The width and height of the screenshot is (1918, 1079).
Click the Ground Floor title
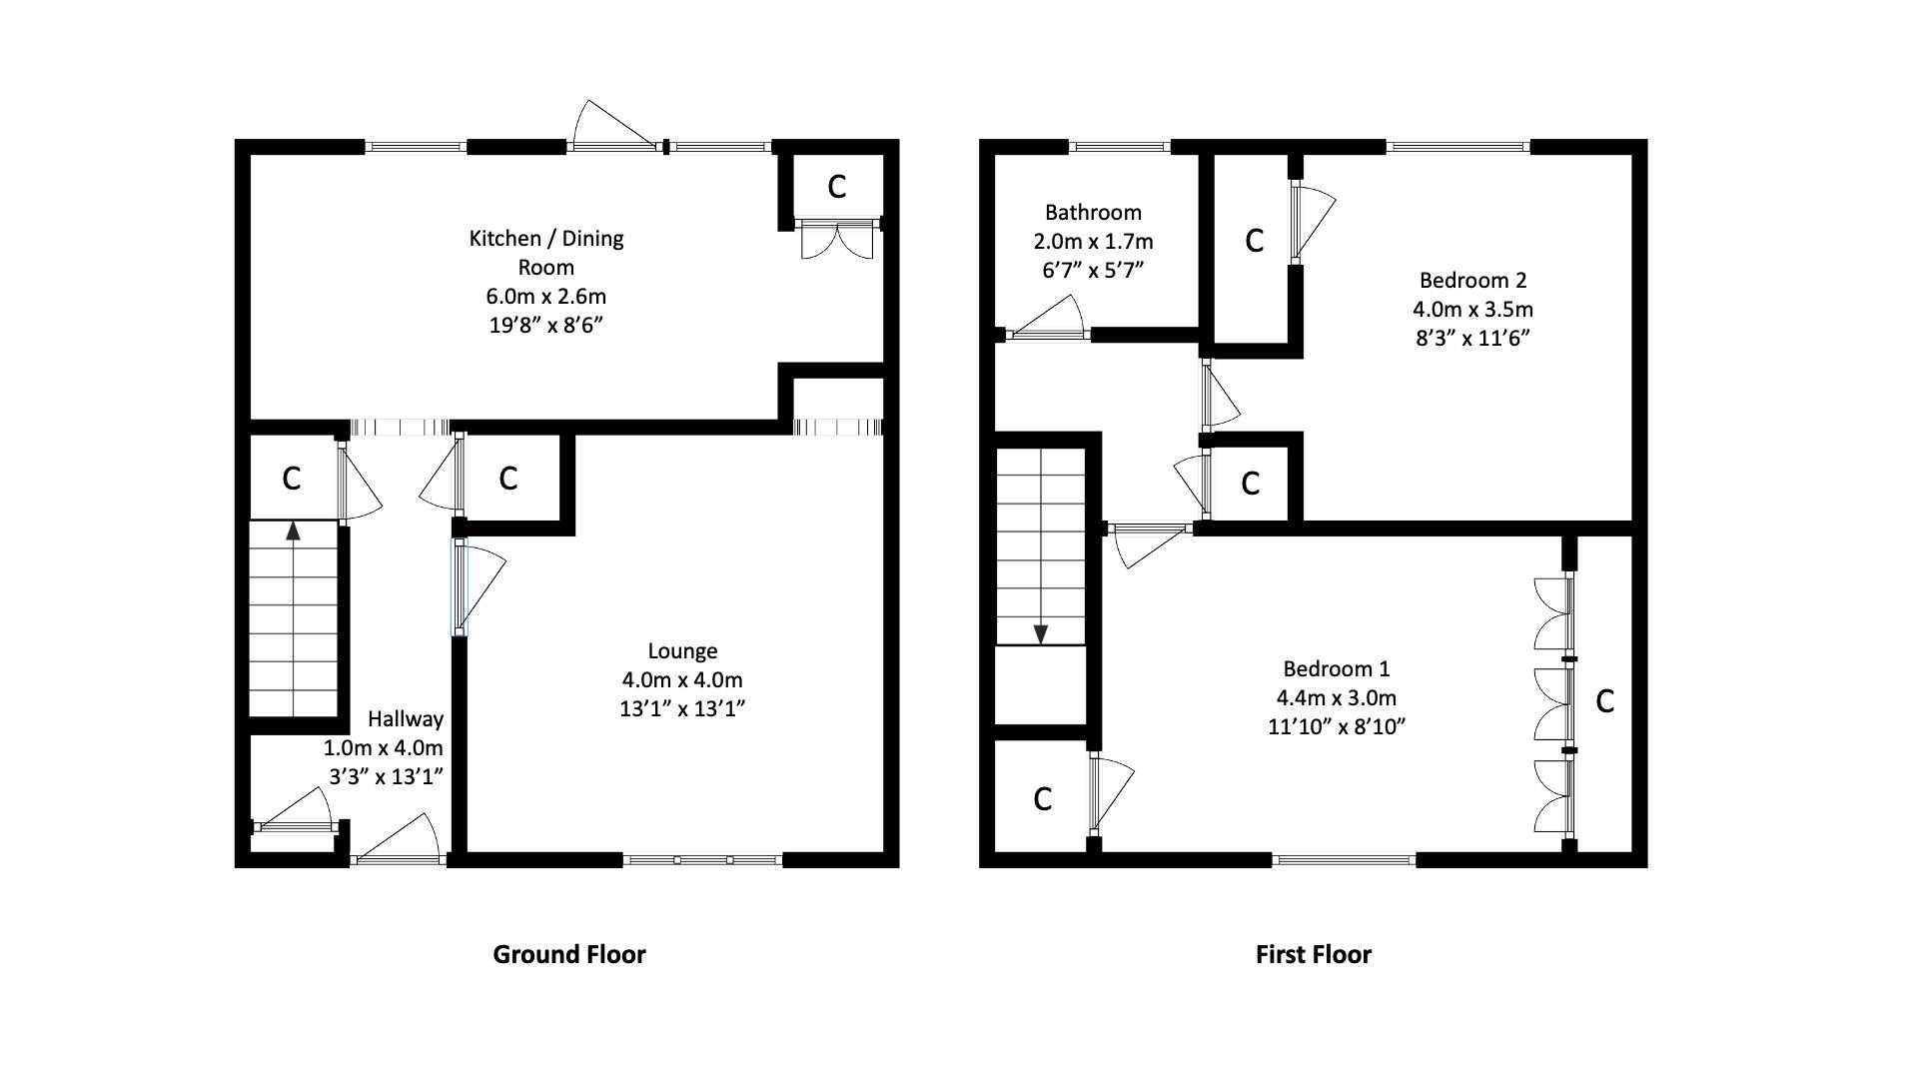pos(569,954)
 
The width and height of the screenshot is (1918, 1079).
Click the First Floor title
pos(1313,954)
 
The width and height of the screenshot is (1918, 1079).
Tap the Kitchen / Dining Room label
pos(545,252)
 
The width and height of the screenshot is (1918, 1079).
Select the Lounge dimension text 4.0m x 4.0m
pos(682,680)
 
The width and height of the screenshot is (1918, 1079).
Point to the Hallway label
pos(405,718)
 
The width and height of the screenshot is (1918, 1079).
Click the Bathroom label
pos(1093,212)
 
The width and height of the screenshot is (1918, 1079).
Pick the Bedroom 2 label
pos(1472,280)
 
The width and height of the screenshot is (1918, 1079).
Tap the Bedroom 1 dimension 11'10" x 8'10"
pos(1337,726)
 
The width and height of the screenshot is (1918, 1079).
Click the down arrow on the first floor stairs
pos(1040,633)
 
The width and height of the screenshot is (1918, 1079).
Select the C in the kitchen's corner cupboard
pos(837,187)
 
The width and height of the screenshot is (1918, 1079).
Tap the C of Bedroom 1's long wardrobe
pos(1605,702)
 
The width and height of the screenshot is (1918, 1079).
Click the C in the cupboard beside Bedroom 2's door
pos(1250,484)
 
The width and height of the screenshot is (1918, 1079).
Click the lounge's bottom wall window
pos(703,859)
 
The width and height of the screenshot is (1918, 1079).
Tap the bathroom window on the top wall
pos(1119,147)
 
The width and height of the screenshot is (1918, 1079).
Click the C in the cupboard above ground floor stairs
pos(292,479)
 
